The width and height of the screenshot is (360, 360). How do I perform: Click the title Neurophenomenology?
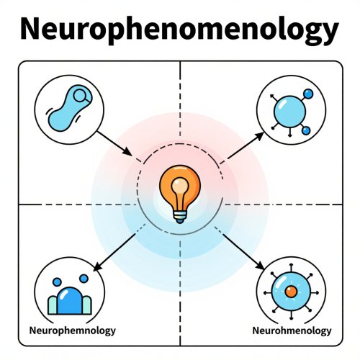(x=179, y=30)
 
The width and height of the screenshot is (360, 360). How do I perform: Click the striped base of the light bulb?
(x=180, y=217)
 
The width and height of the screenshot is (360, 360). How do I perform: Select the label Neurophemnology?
(x=72, y=330)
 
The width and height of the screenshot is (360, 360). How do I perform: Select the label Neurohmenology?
(x=292, y=330)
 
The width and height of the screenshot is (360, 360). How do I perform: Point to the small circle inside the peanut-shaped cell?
(x=80, y=96)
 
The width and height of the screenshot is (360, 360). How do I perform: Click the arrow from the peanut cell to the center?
(x=114, y=143)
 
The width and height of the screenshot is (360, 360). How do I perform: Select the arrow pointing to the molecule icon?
(x=246, y=145)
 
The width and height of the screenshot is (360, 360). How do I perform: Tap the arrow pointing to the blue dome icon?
(x=114, y=253)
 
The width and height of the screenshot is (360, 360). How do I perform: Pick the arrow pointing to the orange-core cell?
(x=243, y=251)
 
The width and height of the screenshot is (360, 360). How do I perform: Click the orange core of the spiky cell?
(x=291, y=292)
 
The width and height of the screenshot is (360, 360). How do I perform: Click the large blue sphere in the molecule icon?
(x=289, y=112)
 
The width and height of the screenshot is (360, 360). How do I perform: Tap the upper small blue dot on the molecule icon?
(x=308, y=94)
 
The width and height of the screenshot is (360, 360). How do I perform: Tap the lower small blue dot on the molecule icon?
(x=306, y=131)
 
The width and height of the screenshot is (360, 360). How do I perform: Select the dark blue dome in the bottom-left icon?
(x=70, y=301)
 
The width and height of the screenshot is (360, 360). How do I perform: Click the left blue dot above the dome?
(x=57, y=282)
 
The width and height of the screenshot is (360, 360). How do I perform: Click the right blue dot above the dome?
(x=84, y=279)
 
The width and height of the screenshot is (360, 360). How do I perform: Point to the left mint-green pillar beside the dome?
(x=53, y=305)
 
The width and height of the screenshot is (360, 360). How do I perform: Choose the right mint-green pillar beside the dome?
(x=87, y=305)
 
